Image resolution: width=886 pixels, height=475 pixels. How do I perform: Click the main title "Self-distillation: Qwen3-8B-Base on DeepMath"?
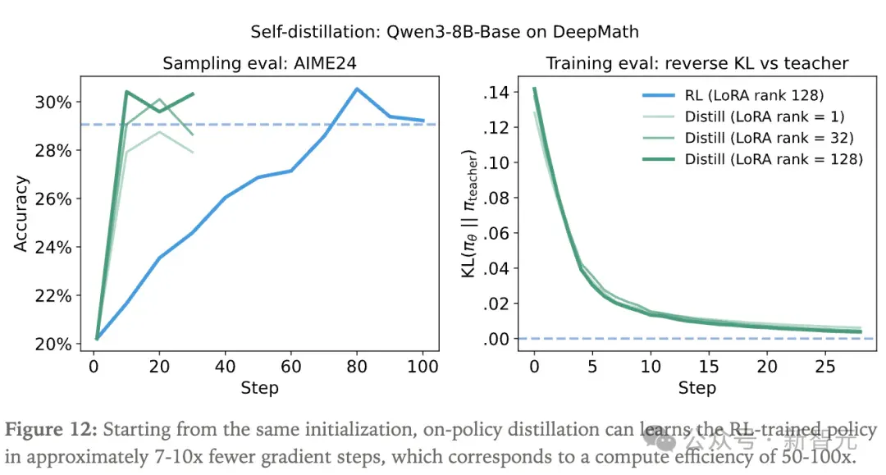coord(445,32)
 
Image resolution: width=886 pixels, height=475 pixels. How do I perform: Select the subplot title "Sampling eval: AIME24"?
coord(259,62)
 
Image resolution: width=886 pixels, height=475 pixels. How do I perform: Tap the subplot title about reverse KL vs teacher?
coord(696,62)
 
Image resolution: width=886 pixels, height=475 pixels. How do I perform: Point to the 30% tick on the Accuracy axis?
coord(53,103)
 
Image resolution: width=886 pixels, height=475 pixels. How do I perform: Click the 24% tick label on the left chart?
coord(53,248)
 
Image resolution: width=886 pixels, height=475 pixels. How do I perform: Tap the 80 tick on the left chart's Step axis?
coord(357,367)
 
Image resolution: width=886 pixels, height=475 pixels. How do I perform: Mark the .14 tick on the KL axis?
coord(496,92)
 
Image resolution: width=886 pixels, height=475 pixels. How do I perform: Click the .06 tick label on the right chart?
coord(496,233)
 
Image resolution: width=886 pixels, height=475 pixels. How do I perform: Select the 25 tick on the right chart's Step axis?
coord(825,367)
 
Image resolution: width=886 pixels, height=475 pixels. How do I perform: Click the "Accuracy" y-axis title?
coord(21,213)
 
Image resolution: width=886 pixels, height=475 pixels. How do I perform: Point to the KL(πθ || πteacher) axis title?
coord(470,213)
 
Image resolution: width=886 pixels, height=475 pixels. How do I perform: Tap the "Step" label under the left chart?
coord(259,388)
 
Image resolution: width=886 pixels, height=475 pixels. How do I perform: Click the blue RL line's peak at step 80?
coord(357,89)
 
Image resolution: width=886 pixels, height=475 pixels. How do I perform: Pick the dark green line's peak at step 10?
coord(126,92)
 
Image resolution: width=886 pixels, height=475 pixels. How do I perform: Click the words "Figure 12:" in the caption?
coord(51,430)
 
